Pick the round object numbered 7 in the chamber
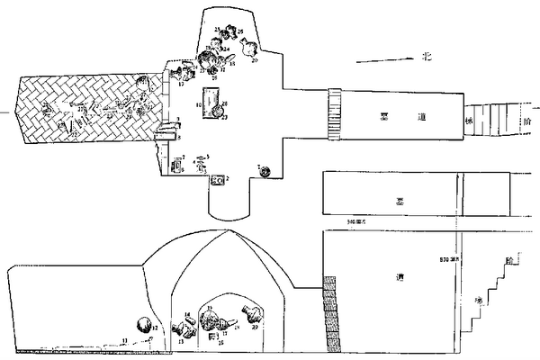pyautogui.click(x=265, y=171)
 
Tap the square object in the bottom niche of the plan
pyautogui.click(x=217, y=181)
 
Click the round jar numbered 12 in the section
pyautogui.click(x=142, y=326)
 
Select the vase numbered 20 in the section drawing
pyautogui.click(x=251, y=316)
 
